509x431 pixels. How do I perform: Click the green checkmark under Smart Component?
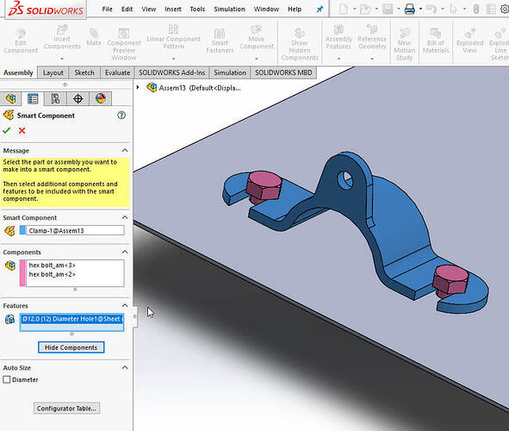[x=7, y=130]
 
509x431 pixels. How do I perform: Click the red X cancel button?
[x=22, y=130]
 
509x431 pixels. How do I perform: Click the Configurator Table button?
[x=66, y=409]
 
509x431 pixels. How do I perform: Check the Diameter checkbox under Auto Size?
[x=7, y=379]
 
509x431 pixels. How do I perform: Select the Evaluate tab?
[x=117, y=72]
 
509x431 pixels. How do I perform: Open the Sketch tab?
[x=84, y=72]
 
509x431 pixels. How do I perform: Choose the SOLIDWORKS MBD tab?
[x=283, y=72]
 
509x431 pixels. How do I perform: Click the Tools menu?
[x=197, y=9]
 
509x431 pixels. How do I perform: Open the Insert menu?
[x=173, y=9]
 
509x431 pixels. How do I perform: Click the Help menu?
[x=295, y=9]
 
